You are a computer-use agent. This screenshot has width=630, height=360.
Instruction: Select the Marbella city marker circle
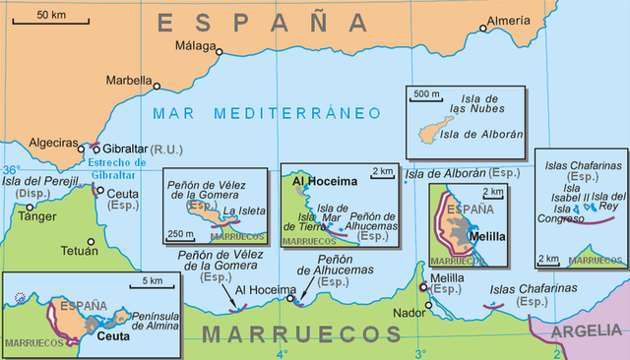coord(157,87)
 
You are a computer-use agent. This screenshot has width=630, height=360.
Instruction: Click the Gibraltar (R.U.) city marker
coord(96,150)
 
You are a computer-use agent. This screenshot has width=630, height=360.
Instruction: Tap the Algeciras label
coord(53,143)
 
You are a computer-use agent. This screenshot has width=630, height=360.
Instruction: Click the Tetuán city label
coord(79,252)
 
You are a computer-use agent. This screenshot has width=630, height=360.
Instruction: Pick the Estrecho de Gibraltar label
coord(116,168)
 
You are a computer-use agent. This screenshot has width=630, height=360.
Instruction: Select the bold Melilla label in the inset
coord(489,236)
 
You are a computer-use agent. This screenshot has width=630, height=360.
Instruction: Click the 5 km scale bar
coord(152,288)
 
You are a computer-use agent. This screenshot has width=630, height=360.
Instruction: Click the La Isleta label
coord(242,210)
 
